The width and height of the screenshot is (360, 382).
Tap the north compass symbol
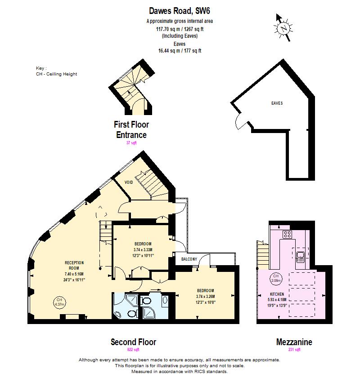[x=282, y=27]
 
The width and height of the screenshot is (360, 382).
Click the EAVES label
[x=277, y=103]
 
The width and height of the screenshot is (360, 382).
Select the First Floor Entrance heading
[x=131, y=129]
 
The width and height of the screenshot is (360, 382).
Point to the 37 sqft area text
[x=131, y=142]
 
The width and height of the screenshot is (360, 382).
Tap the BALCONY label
[x=189, y=259]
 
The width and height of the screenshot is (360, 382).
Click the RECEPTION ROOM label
[x=75, y=265]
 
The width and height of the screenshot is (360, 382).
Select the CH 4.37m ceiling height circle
[x=59, y=302]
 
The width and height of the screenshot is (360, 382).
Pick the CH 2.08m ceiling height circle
[x=275, y=278]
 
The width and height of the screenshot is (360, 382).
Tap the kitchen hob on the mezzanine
[x=287, y=234]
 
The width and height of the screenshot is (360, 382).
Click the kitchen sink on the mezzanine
[x=301, y=256]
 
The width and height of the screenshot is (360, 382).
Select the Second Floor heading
[x=134, y=342]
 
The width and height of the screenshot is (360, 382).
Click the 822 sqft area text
[x=134, y=350]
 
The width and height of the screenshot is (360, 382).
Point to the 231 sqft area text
[x=294, y=350]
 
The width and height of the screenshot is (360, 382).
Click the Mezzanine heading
[x=294, y=342]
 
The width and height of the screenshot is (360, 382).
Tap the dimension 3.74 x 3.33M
[x=143, y=250]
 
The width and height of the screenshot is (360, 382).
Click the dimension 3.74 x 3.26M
[x=205, y=296]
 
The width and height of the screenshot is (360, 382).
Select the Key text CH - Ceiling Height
[x=56, y=74]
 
